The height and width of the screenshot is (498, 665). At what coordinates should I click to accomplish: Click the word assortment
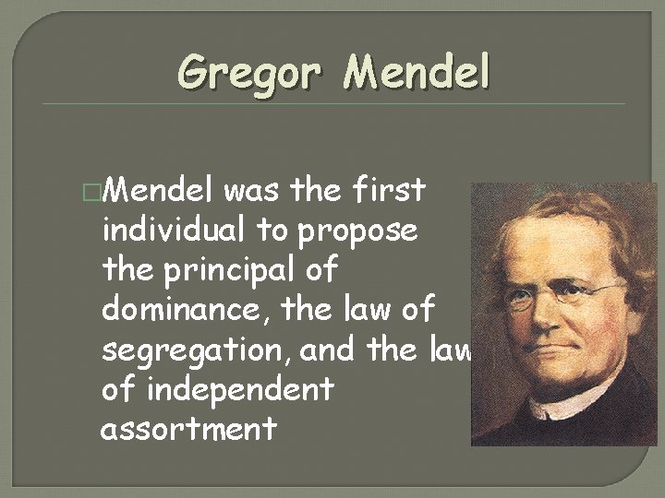[189, 429]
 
